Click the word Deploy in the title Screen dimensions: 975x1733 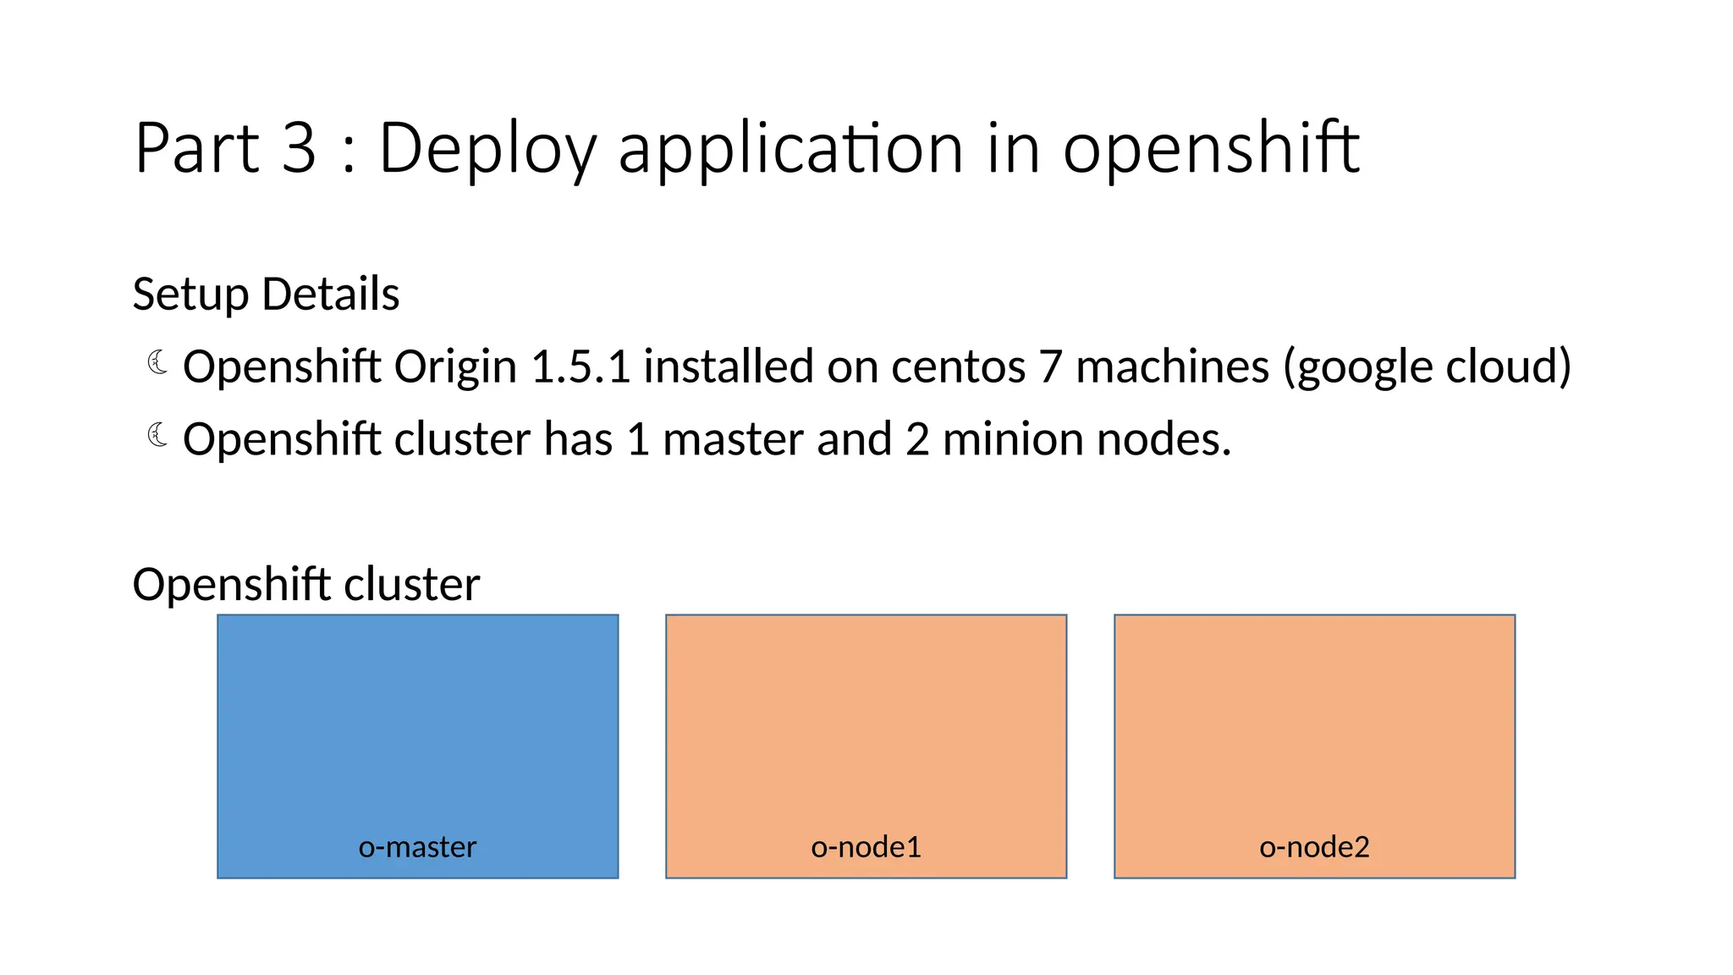(x=487, y=149)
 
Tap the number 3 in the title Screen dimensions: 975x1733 (x=299, y=149)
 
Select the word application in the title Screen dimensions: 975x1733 (x=790, y=149)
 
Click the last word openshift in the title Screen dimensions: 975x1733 (x=1210, y=149)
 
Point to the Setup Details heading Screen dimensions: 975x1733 (x=266, y=295)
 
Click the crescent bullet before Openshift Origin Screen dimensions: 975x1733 (x=157, y=363)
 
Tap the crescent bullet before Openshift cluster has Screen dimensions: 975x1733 (x=157, y=436)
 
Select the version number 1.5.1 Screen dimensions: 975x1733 (x=580, y=366)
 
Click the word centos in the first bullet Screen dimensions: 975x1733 (x=958, y=366)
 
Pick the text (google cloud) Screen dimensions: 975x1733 (x=1428, y=366)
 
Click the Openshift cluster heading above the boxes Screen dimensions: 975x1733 (x=306, y=585)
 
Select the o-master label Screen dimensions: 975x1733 (x=417, y=846)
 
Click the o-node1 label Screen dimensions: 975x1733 (x=866, y=846)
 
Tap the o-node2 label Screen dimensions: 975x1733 (x=1314, y=846)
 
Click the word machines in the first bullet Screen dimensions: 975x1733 (x=1172, y=366)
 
